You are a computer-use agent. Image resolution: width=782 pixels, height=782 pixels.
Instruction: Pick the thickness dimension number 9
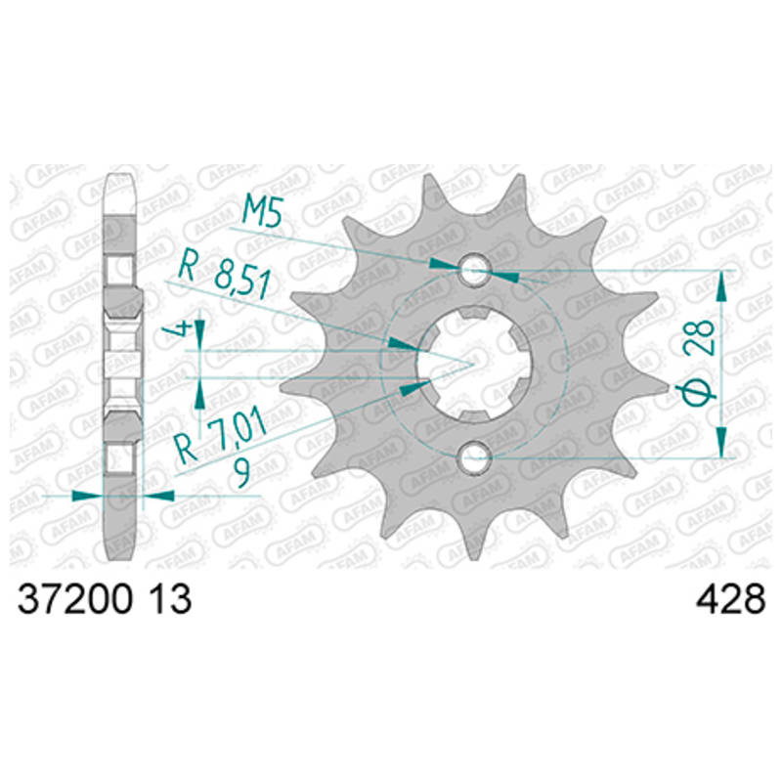point(242,474)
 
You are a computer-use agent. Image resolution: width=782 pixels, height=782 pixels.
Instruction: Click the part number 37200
point(75,599)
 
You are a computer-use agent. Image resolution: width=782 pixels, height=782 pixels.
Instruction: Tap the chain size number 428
point(730,599)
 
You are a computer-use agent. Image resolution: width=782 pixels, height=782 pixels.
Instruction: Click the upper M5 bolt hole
point(474,270)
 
